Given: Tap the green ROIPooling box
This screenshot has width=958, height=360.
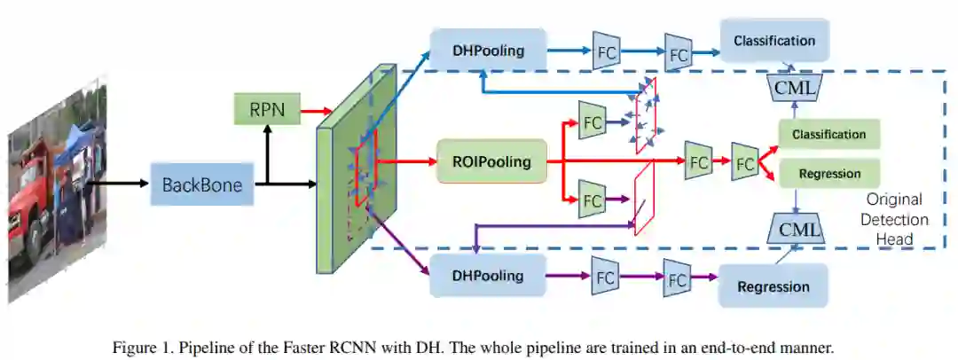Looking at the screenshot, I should pos(491,161).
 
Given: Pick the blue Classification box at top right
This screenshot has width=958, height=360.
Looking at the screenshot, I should pos(773,42).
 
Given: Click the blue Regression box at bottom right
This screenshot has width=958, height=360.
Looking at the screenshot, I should pos(773,286).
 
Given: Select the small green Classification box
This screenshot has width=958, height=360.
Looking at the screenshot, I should pos(828,134).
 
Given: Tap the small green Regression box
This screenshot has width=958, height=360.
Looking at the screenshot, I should pos(828,173).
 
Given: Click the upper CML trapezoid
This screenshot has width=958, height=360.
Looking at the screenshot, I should pos(796,87).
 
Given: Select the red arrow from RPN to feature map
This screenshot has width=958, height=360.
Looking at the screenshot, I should pos(303,113).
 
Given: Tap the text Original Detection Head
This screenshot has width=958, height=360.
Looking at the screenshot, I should pos(893,219).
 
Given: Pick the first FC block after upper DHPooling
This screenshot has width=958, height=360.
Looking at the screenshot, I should pos(607,51).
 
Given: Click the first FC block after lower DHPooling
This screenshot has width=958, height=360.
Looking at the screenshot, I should pos(606,276).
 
